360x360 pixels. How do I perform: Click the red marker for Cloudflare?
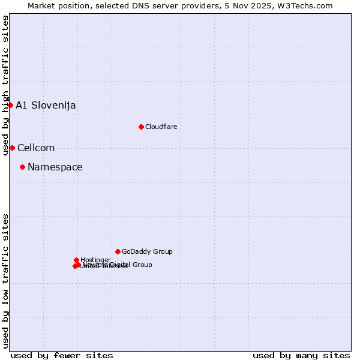[141, 127]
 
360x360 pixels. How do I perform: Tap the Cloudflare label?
[161, 127]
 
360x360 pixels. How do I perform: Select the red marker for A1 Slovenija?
[10, 105]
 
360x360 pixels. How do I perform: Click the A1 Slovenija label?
[46, 106]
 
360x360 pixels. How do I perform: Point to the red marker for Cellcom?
[12, 148]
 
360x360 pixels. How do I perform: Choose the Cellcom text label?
[36, 148]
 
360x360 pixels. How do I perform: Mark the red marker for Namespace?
[22, 167]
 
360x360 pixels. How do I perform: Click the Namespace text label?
[55, 167]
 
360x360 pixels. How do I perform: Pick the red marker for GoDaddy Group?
[118, 251]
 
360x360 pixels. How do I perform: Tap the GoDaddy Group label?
[147, 252]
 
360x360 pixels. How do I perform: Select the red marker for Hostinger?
[76, 260]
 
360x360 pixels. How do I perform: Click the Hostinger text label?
[95, 260]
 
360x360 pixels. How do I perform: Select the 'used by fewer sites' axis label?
[62, 355]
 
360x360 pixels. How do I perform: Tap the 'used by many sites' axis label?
[301, 355]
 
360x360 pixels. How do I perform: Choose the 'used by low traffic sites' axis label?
[5, 280]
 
